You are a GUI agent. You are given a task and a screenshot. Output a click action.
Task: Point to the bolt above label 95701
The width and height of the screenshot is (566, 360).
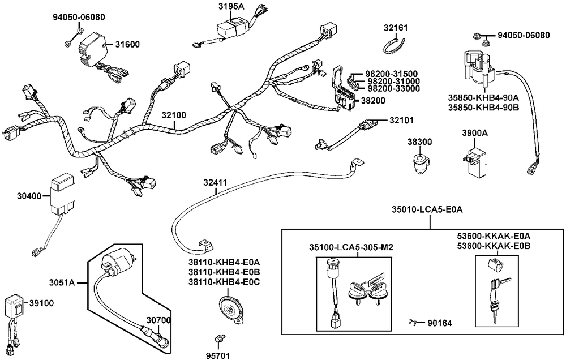(x=218, y=338)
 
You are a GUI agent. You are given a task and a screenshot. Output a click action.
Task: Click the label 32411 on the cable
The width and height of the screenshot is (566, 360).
(x=215, y=183)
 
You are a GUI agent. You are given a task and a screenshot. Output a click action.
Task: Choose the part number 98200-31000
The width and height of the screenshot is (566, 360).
(x=392, y=82)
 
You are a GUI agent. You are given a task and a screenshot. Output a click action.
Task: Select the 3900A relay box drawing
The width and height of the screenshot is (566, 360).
(x=474, y=157)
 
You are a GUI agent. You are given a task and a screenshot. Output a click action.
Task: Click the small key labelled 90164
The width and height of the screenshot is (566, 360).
(x=413, y=323)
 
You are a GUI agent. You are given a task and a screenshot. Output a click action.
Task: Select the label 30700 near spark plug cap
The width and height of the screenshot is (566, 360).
(x=158, y=321)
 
